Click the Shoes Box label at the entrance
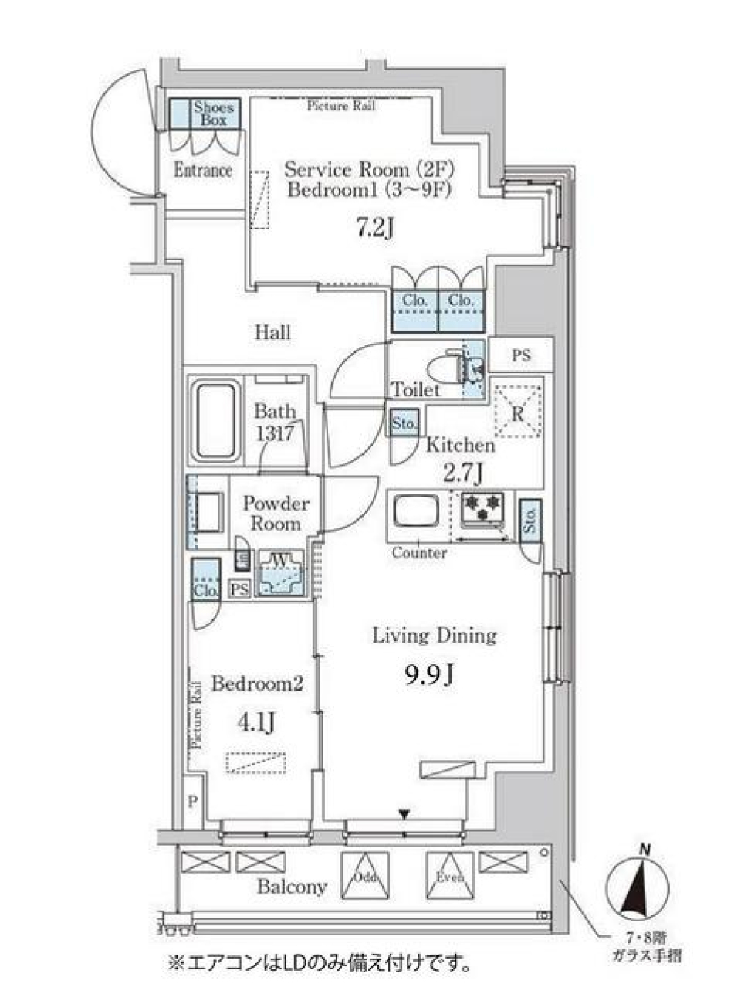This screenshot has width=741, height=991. pyautogui.click(x=214, y=114)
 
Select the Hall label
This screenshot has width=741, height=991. pyautogui.click(x=273, y=332)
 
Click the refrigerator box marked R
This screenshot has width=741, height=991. pyautogui.click(x=518, y=412)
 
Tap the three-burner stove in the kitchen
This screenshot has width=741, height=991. pyautogui.click(x=482, y=507)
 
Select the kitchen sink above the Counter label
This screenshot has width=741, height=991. pyautogui.click(x=416, y=512)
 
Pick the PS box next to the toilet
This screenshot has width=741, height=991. pyautogui.click(x=522, y=355)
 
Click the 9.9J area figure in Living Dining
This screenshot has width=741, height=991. pyautogui.click(x=428, y=676)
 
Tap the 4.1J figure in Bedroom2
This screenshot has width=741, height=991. pyautogui.click(x=256, y=722)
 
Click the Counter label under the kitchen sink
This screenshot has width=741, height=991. pyautogui.click(x=419, y=553)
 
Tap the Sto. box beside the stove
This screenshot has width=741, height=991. pyautogui.click(x=530, y=518)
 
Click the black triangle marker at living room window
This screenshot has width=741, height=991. pyautogui.click(x=403, y=814)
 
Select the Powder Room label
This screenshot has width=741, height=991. pyautogui.click(x=276, y=513)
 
